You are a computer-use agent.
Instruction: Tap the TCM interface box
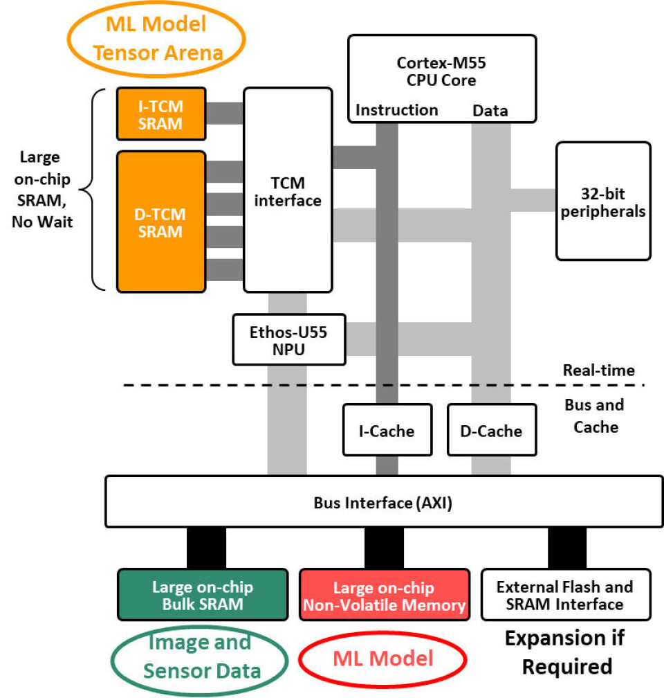(x=288, y=191)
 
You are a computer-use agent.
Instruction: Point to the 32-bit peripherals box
(x=603, y=201)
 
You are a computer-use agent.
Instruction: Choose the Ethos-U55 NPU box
(x=288, y=340)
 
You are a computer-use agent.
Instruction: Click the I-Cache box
(x=387, y=431)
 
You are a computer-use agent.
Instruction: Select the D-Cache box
(x=490, y=431)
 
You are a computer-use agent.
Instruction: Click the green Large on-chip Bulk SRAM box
(x=202, y=595)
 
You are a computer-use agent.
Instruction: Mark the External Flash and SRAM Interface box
(x=565, y=595)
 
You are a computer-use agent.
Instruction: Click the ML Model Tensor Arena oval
(x=156, y=39)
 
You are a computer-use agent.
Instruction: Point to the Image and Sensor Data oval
(x=199, y=656)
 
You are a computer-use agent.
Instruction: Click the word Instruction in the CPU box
(x=396, y=110)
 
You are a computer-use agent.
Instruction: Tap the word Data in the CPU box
(x=490, y=111)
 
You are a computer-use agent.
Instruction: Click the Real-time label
(x=598, y=370)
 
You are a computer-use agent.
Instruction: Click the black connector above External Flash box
(x=567, y=548)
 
